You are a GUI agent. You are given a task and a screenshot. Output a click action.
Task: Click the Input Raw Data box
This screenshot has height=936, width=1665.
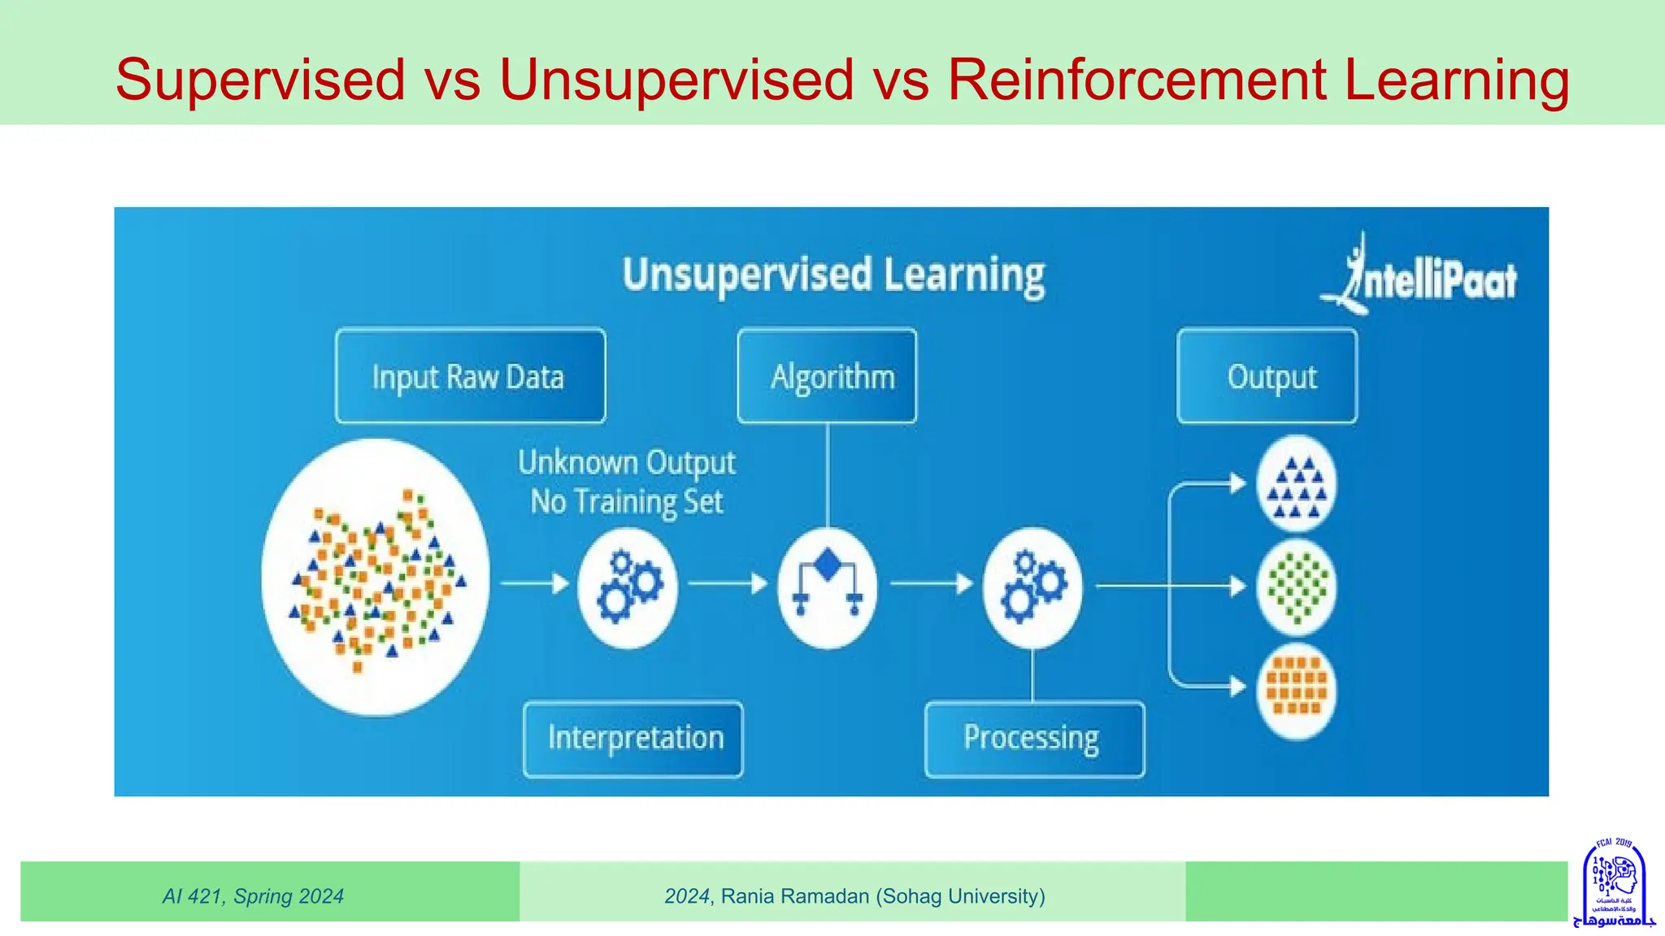[x=470, y=376]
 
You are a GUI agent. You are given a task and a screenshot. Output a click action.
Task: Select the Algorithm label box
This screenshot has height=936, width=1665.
[x=827, y=376]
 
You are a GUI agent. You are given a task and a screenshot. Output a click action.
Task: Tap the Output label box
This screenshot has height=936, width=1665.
[x=1267, y=376]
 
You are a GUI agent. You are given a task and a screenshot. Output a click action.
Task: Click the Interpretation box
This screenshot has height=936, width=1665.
[x=633, y=739]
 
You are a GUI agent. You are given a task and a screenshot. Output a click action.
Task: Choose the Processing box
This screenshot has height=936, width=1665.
[x=1034, y=739]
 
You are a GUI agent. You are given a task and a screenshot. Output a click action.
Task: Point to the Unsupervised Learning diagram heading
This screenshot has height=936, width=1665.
[x=833, y=275]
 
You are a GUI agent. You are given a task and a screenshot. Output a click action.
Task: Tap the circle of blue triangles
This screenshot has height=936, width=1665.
[x=1296, y=485]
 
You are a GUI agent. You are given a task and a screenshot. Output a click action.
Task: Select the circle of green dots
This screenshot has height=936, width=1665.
[x=1296, y=587]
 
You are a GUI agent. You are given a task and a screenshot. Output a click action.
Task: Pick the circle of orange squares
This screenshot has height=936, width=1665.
[x=1296, y=690]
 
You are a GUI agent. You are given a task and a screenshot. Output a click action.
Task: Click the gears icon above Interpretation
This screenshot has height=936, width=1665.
[x=628, y=587]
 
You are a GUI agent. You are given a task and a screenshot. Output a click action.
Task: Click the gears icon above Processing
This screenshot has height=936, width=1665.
[x=1032, y=587]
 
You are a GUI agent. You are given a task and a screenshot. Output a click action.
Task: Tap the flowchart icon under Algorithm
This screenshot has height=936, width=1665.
[x=827, y=587]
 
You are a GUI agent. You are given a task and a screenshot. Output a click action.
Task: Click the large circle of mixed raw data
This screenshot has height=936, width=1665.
[x=376, y=577]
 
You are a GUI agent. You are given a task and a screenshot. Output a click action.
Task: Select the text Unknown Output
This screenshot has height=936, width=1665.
[x=626, y=462]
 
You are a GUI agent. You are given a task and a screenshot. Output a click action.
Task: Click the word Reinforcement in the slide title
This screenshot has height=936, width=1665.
[x=1137, y=80]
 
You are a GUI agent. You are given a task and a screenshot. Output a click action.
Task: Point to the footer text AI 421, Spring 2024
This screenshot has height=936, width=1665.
[x=253, y=896]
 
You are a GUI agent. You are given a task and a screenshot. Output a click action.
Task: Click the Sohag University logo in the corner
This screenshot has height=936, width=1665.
[x=1614, y=883]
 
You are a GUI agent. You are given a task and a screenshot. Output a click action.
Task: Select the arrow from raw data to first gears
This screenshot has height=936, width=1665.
[x=534, y=583]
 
